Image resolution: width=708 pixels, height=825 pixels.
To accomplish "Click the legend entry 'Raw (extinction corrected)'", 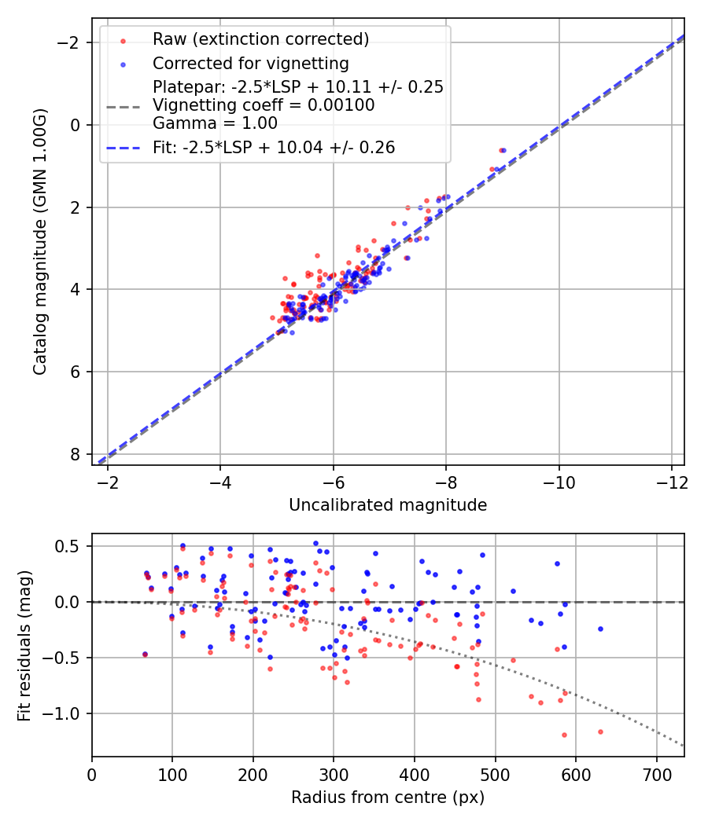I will coord(260,39).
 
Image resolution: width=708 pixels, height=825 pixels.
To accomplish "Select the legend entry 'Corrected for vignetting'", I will coord(250,63).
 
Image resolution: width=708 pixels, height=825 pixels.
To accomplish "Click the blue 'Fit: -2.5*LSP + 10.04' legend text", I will coord(273,147).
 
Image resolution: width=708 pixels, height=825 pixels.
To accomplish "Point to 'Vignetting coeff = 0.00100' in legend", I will coord(264,105).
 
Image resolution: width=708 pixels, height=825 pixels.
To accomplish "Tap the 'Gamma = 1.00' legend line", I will coord(215,123).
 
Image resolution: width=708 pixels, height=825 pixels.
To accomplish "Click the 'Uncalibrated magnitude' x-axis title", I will coord(388,505).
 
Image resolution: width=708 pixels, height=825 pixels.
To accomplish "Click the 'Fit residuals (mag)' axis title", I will coord(24,645).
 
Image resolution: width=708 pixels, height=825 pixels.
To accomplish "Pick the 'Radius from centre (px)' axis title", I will coord(388,797).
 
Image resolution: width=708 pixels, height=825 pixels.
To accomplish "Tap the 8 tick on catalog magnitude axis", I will coord(76,454).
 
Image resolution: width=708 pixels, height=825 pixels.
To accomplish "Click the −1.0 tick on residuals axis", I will coord(68,713).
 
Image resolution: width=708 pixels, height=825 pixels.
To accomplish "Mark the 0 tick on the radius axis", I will coord(92,773).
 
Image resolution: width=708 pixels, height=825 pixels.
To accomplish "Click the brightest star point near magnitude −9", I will coord(502,150).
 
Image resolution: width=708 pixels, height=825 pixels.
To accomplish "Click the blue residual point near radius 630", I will coord(600,629).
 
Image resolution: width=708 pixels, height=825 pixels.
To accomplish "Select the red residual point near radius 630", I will coord(600,731).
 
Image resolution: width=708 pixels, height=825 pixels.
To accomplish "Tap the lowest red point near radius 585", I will coord(564,735).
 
